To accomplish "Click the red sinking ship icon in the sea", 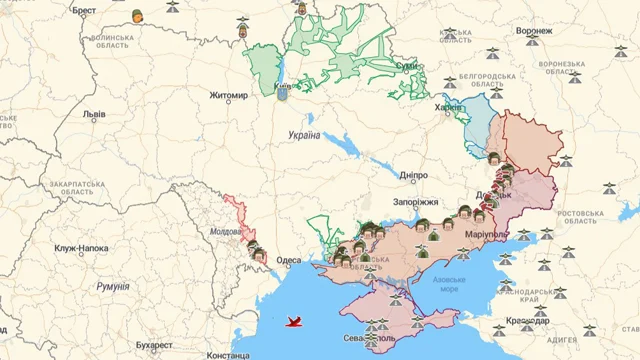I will pyautogui.click(x=295, y=322).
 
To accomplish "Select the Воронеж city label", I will pyautogui.click(x=534, y=31).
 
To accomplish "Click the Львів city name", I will pyautogui.click(x=95, y=115).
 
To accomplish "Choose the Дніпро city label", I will pyautogui.click(x=413, y=175).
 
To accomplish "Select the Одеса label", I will pyautogui.click(x=289, y=260).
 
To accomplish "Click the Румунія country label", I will pyautogui.click(x=112, y=286).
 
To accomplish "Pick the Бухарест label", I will pyautogui.click(x=135, y=345).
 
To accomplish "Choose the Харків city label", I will pyautogui.click(x=450, y=106).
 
